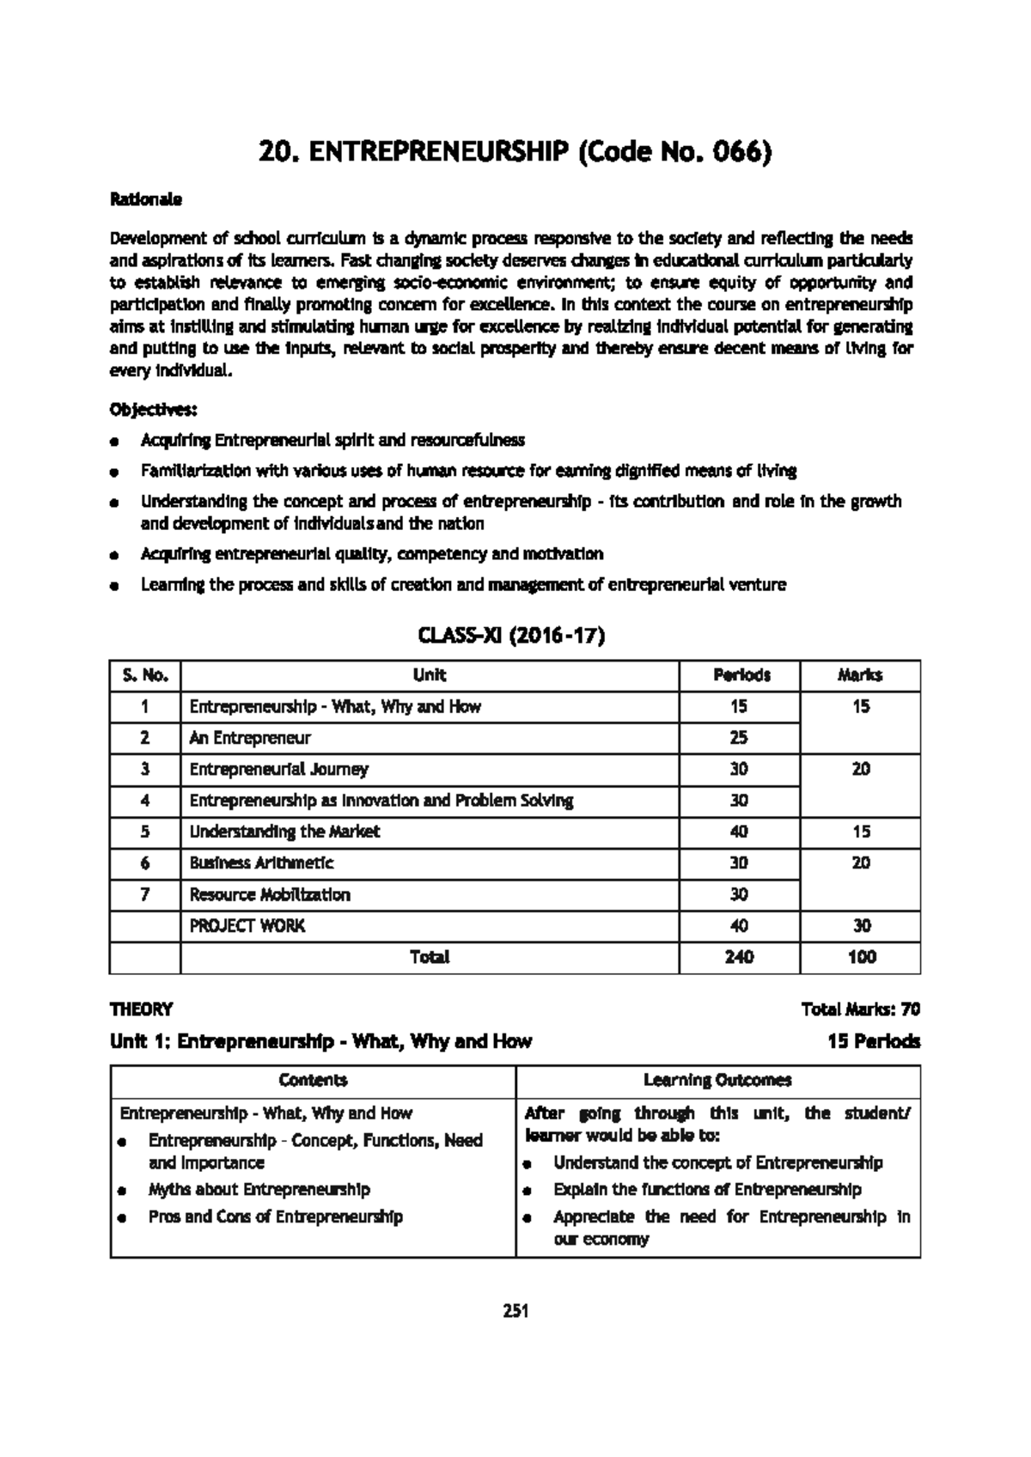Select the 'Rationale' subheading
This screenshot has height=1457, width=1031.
click(145, 199)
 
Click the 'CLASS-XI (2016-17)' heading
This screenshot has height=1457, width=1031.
click(511, 637)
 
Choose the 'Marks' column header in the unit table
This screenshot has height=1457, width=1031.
click(859, 675)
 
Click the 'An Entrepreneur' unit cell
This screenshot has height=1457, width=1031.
click(249, 738)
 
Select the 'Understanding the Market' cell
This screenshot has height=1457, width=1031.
click(284, 832)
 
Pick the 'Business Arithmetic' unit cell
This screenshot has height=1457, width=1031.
click(261, 863)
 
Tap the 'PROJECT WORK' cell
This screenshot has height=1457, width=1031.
click(247, 925)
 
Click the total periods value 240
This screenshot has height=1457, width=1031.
click(739, 957)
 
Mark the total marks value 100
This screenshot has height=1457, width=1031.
click(861, 957)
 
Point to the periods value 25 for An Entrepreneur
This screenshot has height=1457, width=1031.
click(739, 738)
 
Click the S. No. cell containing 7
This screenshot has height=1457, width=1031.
click(144, 894)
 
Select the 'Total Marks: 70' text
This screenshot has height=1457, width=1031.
click(860, 1009)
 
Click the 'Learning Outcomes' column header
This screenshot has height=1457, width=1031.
click(717, 1080)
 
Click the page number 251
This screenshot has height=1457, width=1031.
click(515, 1311)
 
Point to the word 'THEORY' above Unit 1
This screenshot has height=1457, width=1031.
click(141, 1009)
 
